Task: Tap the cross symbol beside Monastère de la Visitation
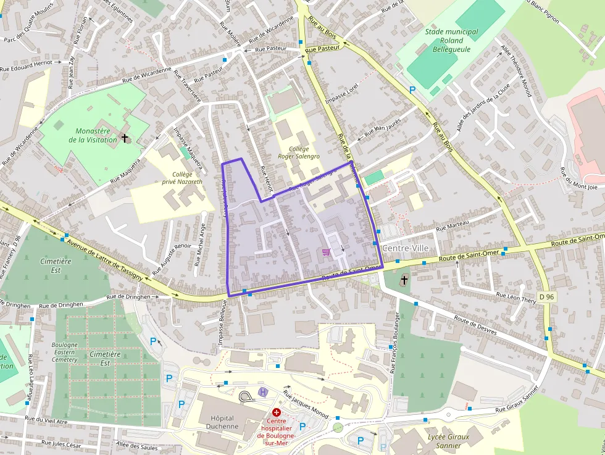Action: point(125,138)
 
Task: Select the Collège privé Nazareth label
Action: point(187,178)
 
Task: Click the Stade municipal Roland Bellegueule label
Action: point(451,40)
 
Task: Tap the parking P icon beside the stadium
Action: point(412,90)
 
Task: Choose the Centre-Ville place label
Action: point(404,248)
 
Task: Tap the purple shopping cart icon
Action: point(325,252)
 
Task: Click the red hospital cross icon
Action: point(277,412)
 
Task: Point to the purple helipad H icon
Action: point(263,392)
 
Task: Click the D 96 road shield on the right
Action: point(546,296)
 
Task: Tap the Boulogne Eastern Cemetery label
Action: point(64,353)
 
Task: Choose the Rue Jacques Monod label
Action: point(305,403)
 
